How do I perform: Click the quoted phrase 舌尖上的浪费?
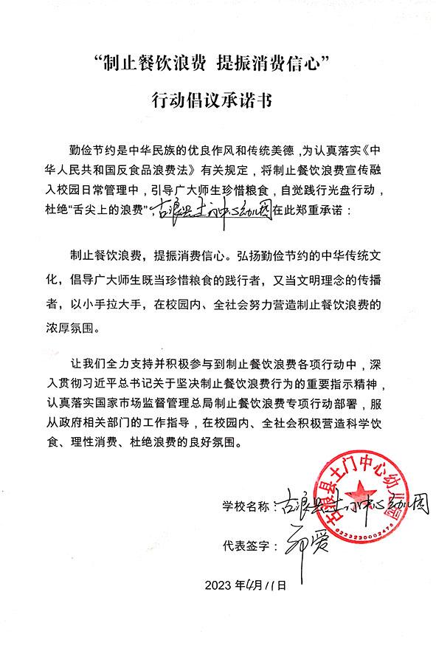click(112, 210)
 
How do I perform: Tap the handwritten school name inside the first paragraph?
click(210, 210)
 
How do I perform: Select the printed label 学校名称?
click(246, 508)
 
